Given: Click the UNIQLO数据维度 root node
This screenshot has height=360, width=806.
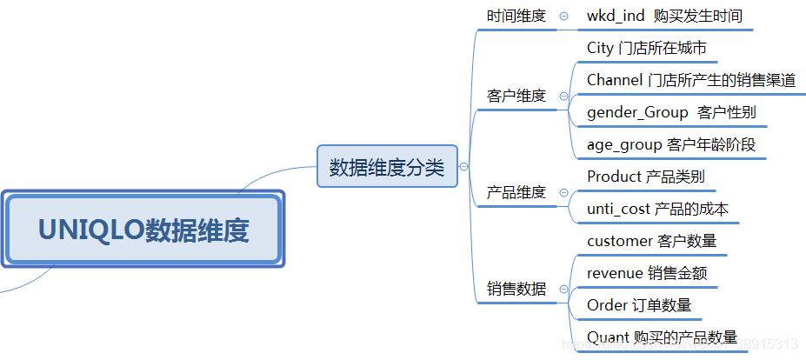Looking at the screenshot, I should [x=143, y=230].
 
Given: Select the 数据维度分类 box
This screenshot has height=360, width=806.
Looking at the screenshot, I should [x=386, y=167].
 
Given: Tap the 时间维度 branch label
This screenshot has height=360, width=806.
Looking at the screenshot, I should [x=516, y=16].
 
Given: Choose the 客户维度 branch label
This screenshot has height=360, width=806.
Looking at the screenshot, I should [x=516, y=96].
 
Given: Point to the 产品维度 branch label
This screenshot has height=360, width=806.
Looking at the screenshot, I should [x=516, y=192].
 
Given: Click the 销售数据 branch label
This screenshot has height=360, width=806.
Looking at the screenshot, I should [x=516, y=289].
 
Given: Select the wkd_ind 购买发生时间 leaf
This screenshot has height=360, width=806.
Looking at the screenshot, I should [x=664, y=16].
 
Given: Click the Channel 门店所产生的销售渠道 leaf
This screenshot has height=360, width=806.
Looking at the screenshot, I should [x=690, y=80].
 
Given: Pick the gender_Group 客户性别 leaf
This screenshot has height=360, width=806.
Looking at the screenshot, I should [x=671, y=112].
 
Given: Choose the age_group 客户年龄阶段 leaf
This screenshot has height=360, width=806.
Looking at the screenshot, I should [x=671, y=144].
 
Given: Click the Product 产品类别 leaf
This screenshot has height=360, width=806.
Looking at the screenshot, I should [x=645, y=177].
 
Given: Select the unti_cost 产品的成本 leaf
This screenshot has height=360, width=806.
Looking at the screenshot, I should [x=657, y=209].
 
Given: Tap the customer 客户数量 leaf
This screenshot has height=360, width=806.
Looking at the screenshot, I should [x=651, y=241].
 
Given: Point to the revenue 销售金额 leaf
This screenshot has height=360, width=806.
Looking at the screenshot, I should [x=647, y=273].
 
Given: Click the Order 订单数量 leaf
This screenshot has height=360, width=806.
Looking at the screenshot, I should [x=639, y=305].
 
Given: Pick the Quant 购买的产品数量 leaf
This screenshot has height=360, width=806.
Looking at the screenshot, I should [x=662, y=337].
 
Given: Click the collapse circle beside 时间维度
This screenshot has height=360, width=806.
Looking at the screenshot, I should [x=564, y=17].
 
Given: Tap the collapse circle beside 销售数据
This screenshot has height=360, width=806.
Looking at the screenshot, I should [x=564, y=289].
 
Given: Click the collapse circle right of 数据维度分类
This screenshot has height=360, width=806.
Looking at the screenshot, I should [x=463, y=167].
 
